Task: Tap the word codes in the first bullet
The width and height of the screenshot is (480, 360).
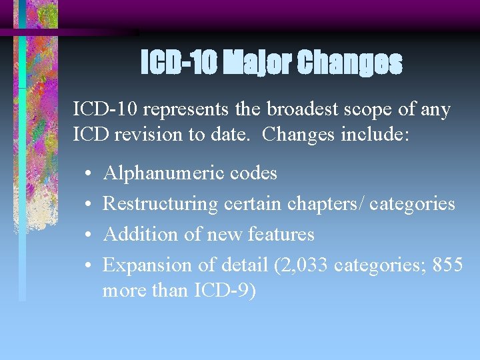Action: click(253, 173)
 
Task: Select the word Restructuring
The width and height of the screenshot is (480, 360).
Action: click(161, 203)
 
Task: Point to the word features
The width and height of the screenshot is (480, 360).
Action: click(281, 234)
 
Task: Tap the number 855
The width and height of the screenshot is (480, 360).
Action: click(448, 265)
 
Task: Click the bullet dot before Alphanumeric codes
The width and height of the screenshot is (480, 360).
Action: click(89, 174)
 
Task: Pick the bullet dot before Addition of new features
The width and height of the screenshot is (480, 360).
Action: click(89, 235)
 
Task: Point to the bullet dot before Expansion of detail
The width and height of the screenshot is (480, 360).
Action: click(89, 265)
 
